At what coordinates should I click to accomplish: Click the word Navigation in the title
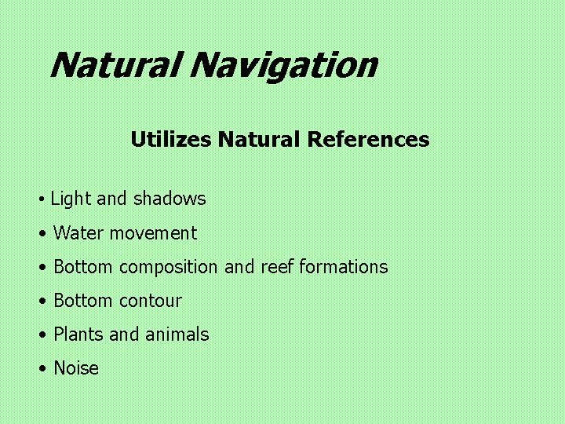point(282,65)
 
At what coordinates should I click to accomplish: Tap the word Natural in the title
point(115,65)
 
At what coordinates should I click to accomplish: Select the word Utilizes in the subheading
point(171,140)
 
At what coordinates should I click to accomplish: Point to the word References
point(368,140)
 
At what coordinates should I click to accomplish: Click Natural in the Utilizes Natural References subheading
point(259,140)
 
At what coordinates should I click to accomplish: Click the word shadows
point(169,199)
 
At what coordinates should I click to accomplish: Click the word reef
point(277,267)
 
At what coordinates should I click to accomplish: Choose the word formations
point(344,267)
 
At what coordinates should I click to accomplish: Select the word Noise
point(76,368)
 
